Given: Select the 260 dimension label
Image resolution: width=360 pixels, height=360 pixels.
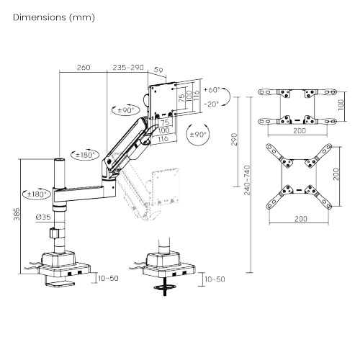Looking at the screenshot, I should click(x=83, y=68).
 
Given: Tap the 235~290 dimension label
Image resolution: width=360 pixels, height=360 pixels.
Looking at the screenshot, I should click(x=129, y=68).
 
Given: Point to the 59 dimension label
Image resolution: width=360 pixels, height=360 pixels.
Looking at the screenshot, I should click(x=159, y=71).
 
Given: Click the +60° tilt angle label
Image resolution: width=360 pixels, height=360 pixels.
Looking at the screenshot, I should click(x=212, y=91).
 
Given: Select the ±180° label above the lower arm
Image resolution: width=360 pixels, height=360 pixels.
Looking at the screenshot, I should click(x=86, y=154).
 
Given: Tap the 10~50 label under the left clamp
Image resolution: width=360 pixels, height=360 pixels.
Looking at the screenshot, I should click(x=109, y=277).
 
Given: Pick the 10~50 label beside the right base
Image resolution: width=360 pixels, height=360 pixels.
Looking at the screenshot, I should click(x=215, y=279).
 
